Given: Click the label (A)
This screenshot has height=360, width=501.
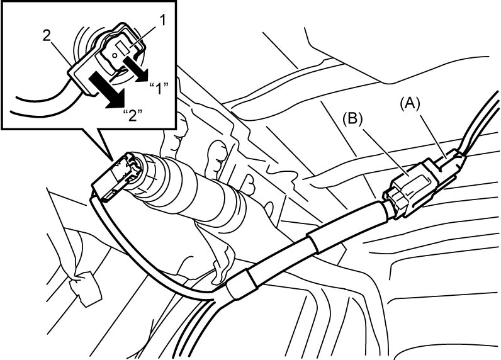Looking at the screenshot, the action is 410,104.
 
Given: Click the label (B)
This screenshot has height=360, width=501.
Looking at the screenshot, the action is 352,120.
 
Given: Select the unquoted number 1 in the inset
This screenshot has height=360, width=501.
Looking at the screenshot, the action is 162,21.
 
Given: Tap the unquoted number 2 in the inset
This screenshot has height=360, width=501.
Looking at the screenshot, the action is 47,36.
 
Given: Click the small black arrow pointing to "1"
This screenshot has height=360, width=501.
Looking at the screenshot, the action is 137,69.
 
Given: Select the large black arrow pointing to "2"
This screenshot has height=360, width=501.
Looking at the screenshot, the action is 107,90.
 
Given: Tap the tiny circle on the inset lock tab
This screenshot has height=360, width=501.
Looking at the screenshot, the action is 115,55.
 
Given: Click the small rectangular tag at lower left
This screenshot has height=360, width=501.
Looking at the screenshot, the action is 86,288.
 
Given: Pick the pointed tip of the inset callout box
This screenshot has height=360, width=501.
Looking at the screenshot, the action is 113,160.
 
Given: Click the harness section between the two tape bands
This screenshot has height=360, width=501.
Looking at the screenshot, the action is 281,259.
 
